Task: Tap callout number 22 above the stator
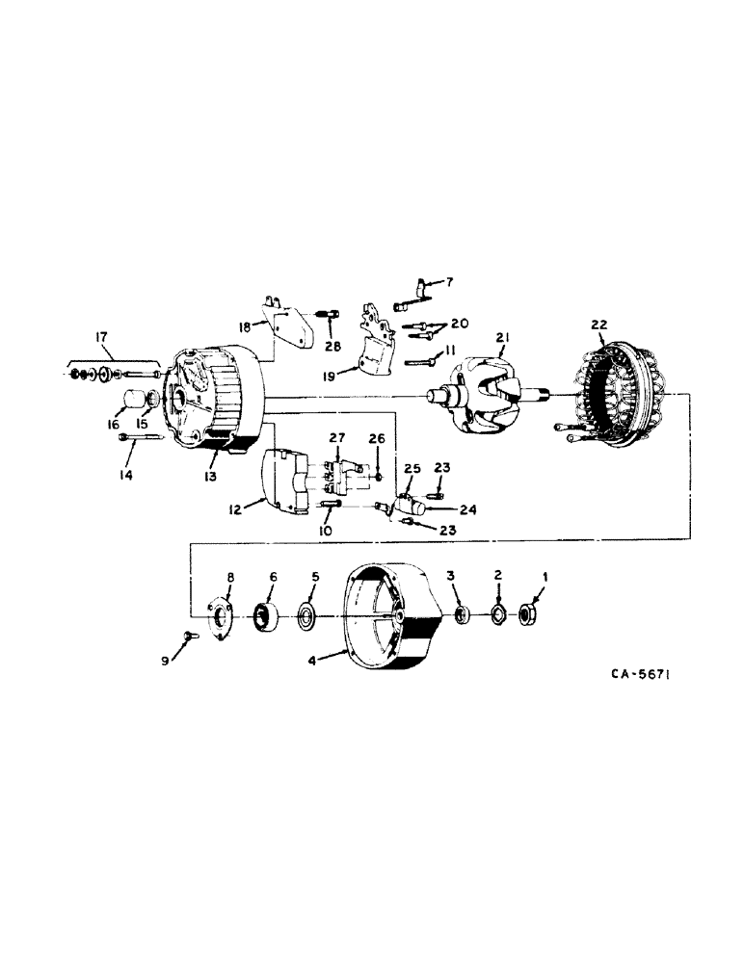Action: click(x=598, y=325)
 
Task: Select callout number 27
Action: click(x=337, y=438)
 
